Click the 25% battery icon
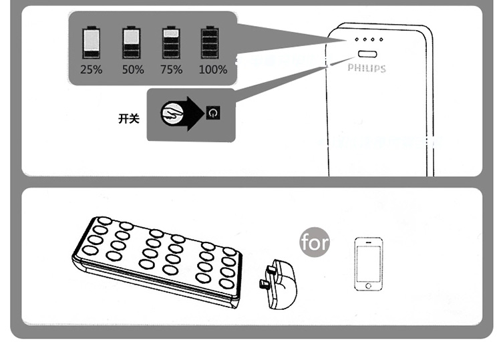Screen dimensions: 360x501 coord(92,43)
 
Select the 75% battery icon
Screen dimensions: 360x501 coord(172,43)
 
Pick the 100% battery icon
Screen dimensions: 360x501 coord(210,43)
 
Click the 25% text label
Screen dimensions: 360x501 coord(92,69)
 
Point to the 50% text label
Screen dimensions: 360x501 coord(132,69)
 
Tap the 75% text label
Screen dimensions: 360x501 coord(172,69)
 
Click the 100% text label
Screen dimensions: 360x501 coord(213,69)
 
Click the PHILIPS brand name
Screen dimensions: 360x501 coord(367,68)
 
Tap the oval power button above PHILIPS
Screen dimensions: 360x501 coord(367,54)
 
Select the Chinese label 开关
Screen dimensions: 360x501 coord(128,118)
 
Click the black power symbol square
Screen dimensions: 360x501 coord(212,113)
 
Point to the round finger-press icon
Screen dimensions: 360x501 coord(172,114)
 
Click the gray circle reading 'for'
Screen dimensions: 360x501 coord(315,242)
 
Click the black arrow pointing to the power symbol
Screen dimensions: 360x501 coord(194,114)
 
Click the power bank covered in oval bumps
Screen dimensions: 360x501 coord(158,260)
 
